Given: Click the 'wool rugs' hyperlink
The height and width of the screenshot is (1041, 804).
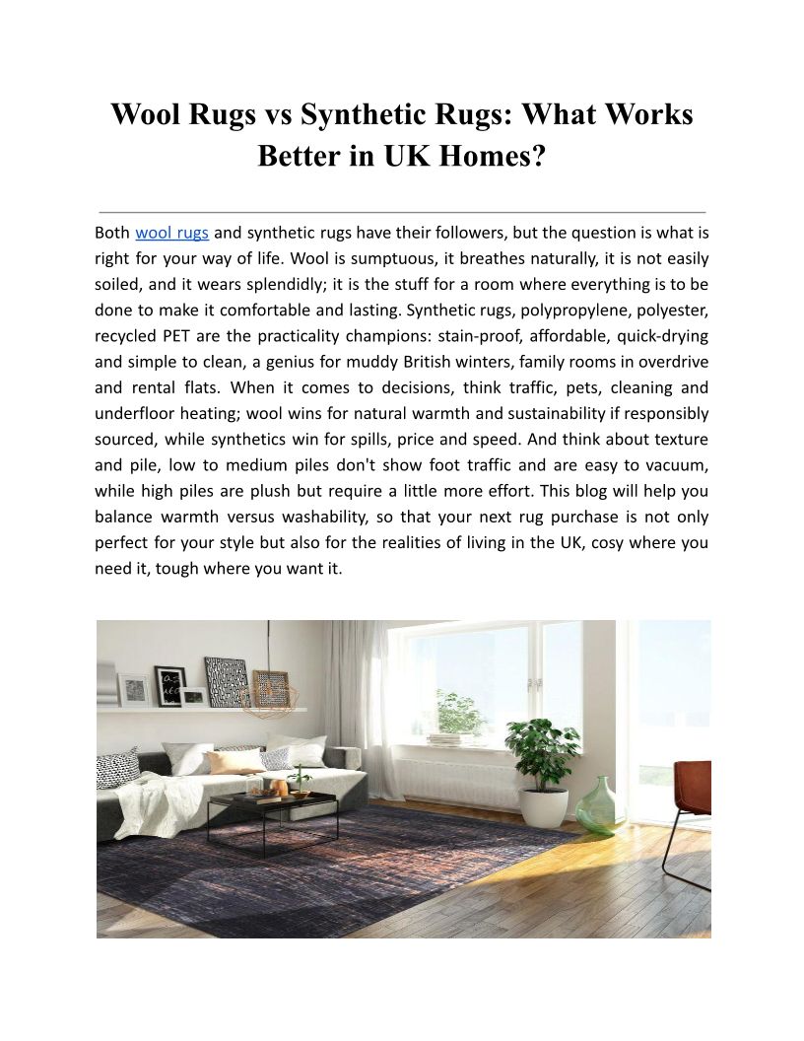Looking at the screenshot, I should pyautogui.click(x=171, y=234).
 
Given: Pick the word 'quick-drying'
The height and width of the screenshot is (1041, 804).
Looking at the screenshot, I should pyautogui.click(x=661, y=336).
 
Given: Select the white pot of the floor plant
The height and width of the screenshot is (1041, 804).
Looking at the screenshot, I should pyautogui.click(x=542, y=805).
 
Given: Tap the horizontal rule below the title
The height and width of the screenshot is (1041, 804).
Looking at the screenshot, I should pyautogui.click(x=402, y=212).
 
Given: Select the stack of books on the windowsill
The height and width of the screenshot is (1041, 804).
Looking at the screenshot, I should pyautogui.click(x=451, y=738).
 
